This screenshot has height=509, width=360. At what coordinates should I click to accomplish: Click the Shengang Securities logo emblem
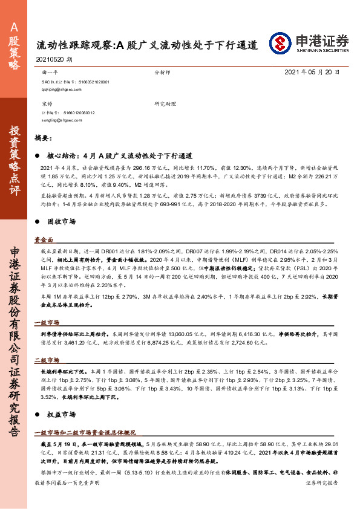click(280, 42)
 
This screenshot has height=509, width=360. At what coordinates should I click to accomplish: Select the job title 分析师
click(163, 71)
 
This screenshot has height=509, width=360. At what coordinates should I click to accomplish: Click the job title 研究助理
click(165, 104)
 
